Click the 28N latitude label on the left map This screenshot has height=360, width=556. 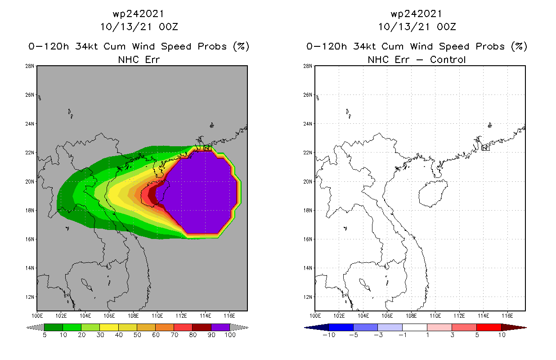(x=31, y=66)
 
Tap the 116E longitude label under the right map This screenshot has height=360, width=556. (x=507, y=316)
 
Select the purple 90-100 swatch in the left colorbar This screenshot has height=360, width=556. (x=220, y=327)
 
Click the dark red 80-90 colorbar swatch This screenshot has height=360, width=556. (x=202, y=327)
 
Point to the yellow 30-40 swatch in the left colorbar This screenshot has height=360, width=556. (x=109, y=327)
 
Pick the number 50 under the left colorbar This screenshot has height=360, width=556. (x=137, y=335)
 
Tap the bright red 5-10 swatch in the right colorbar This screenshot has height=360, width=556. (x=489, y=327)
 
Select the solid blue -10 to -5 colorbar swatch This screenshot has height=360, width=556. (x=341, y=327)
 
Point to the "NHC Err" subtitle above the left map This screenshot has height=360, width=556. (x=139, y=59)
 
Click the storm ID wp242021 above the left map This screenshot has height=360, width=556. (x=139, y=14)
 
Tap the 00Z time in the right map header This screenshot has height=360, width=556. (x=446, y=27)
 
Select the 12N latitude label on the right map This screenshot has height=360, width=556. (x=309, y=297)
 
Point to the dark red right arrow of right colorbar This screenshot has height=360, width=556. (x=520, y=327)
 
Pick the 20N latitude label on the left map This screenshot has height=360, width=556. (x=31, y=181)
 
